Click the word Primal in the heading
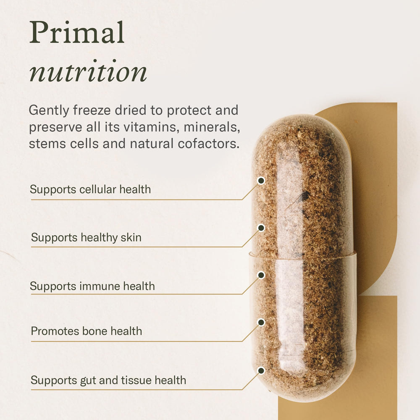click(77, 33)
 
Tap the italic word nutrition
click(88, 72)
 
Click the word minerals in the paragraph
click(214, 127)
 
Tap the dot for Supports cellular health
click(261, 181)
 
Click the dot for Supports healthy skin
click(261, 228)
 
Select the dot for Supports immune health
click(261, 275)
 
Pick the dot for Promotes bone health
click(261, 322)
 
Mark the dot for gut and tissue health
click(261, 370)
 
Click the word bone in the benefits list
click(94, 331)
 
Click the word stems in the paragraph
click(44, 144)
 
